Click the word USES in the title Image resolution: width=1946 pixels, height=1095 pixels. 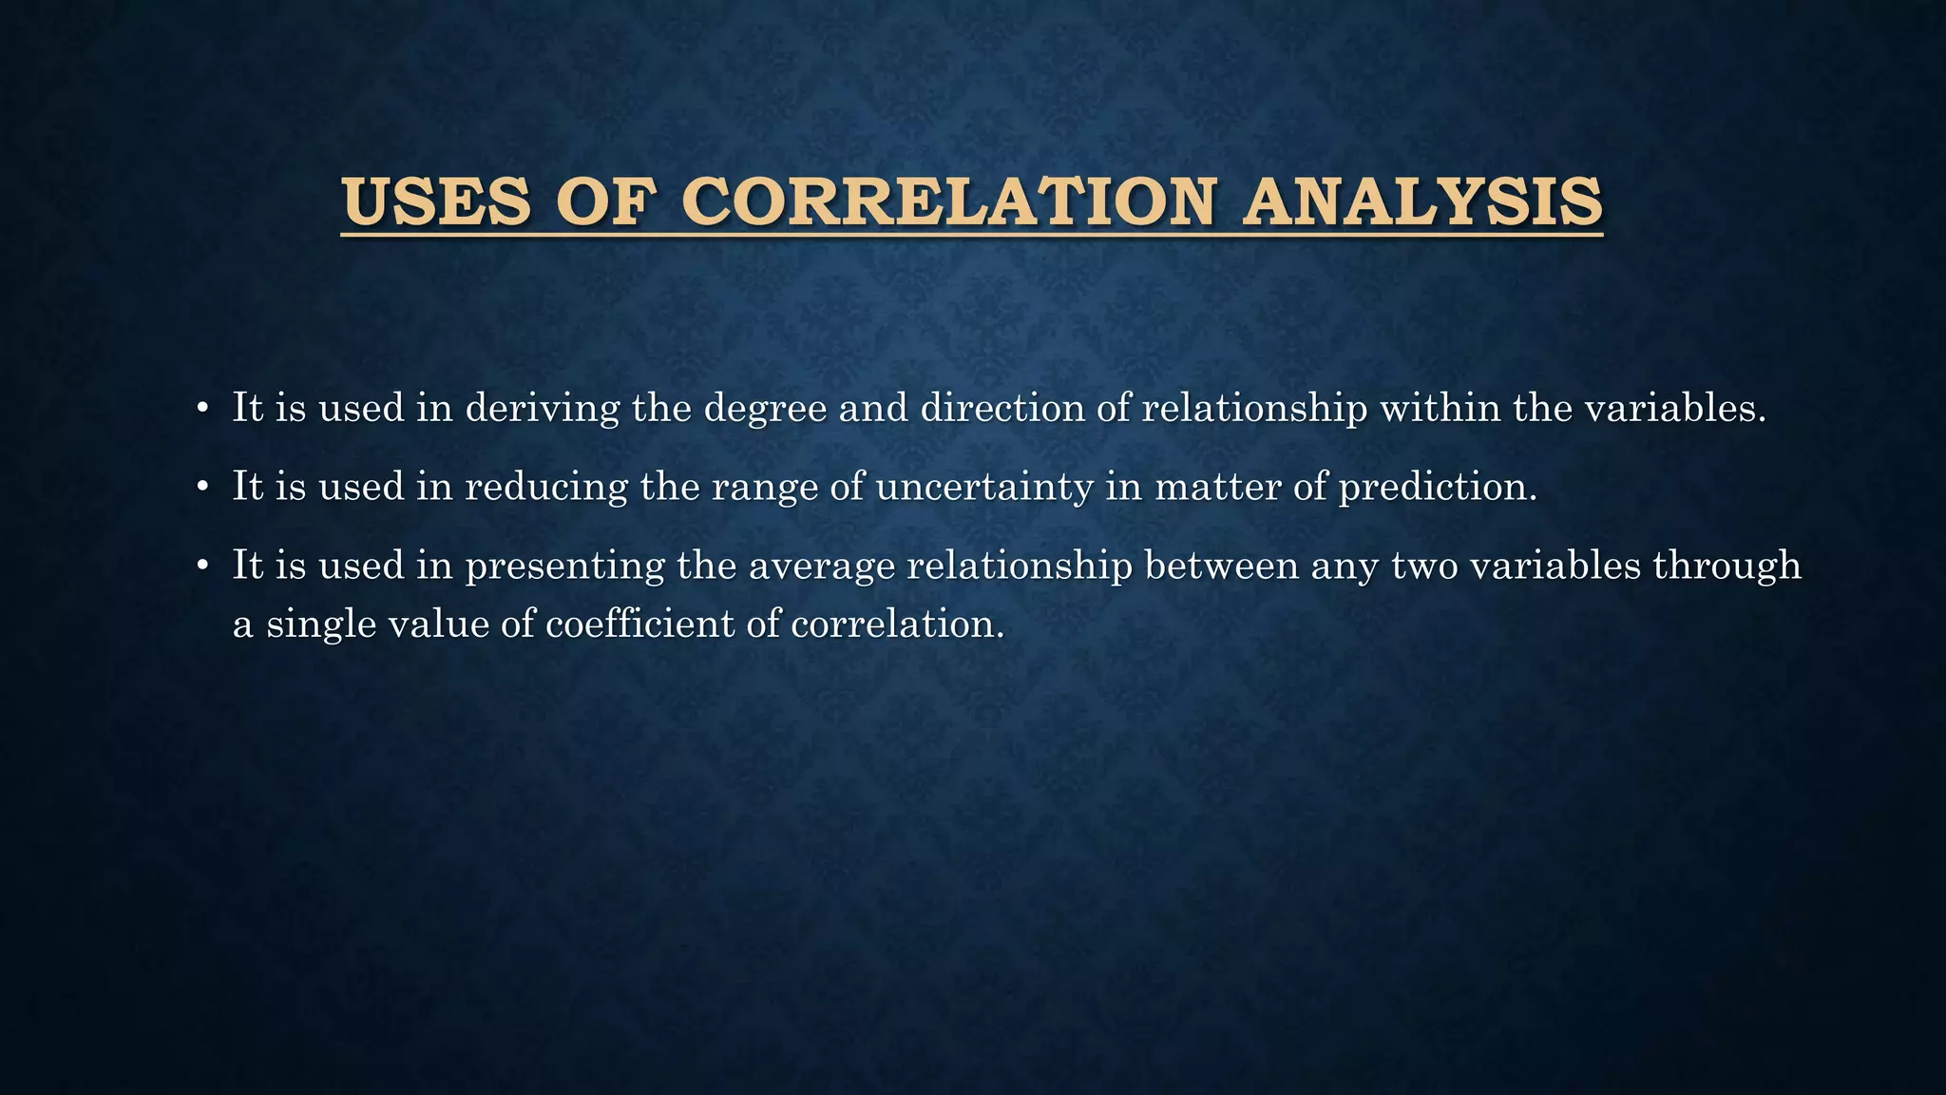pos(436,202)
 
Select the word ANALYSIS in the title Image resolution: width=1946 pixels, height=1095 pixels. pos(1422,202)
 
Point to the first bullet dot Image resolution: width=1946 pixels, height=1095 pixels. pos(201,410)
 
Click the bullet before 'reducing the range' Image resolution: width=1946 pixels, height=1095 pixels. pos(201,489)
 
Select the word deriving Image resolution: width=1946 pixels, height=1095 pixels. pos(542,409)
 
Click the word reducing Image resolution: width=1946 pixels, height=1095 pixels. pos(546,488)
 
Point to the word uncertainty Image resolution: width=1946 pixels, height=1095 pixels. pos(984,488)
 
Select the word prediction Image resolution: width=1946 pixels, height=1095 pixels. pos(1437,488)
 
